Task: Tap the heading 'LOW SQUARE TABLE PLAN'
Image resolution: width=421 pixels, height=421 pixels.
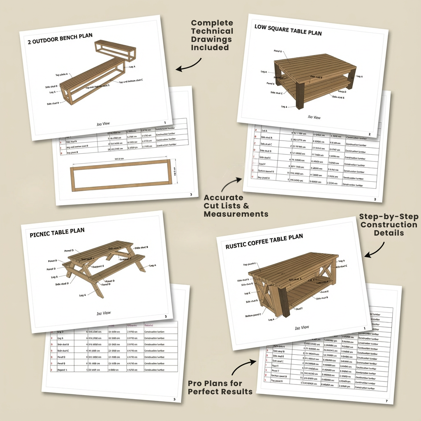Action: pos(288,30)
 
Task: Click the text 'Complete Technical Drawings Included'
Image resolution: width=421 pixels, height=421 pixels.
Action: pos(212,35)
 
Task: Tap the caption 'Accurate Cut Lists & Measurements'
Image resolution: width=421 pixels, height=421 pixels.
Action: pos(236,206)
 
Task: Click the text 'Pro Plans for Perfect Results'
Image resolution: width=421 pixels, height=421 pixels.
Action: pos(220,387)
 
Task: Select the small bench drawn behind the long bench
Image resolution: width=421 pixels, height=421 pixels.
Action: pos(115,49)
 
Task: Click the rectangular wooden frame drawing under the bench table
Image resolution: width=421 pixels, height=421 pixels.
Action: pos(121,175)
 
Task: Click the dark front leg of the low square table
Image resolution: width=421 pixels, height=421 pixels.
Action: pos(300,96)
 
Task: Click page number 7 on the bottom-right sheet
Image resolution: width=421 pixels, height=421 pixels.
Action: pos(386,400)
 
